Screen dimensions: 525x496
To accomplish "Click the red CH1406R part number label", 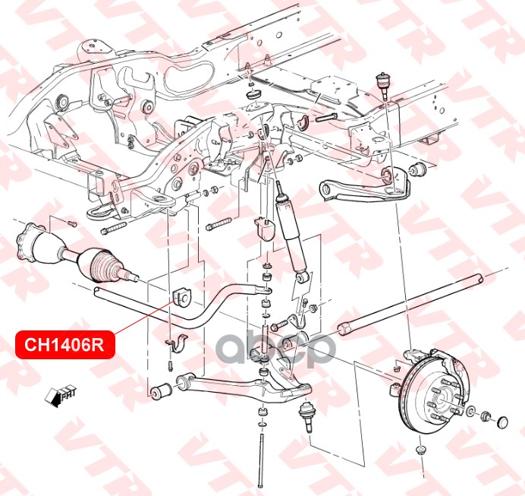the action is coord(65,345).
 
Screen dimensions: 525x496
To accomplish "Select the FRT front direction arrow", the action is coord(60,396).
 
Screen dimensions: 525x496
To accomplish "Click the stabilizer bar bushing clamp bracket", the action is coord(178,343).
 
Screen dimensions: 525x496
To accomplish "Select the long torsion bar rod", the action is coord(410,304).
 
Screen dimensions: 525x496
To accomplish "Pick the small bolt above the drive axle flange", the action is coord(72,223).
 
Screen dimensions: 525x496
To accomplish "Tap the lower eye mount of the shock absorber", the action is coord(301,277).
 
